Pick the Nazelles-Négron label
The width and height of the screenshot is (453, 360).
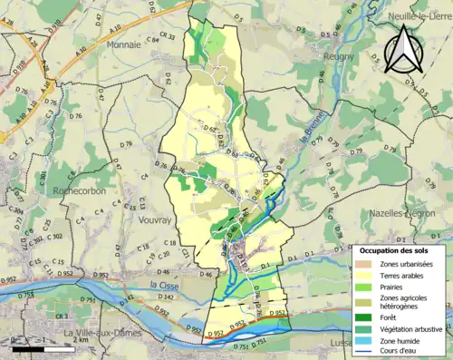pos(402,213)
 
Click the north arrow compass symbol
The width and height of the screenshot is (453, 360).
pos(405,50)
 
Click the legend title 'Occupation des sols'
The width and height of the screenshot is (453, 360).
pos(396,249)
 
